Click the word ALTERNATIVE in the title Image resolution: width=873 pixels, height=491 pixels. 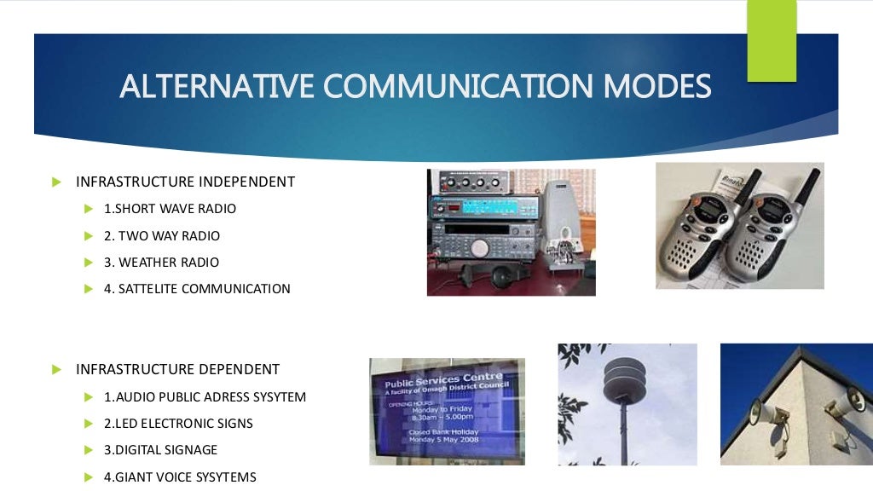pos(216,87)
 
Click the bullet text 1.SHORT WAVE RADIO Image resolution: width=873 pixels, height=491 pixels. pos(170,209)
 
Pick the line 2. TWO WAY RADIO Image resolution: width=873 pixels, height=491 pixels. pos(162,235)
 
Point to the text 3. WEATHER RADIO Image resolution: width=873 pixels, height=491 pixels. pos(161,263)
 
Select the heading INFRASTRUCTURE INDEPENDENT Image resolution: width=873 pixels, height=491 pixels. pos(185,182)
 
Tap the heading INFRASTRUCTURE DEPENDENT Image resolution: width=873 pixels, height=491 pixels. pos(177,369)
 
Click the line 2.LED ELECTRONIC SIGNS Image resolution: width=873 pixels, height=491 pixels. pos(178,424)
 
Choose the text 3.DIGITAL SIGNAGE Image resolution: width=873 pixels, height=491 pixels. pos(160,450)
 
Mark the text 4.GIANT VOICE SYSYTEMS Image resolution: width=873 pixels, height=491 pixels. pos(180,477)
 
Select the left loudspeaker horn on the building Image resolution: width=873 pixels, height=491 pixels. pos(765,415)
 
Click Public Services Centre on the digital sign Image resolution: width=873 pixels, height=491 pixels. pos(443,380)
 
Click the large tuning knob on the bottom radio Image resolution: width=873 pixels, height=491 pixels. pos(480,248)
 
